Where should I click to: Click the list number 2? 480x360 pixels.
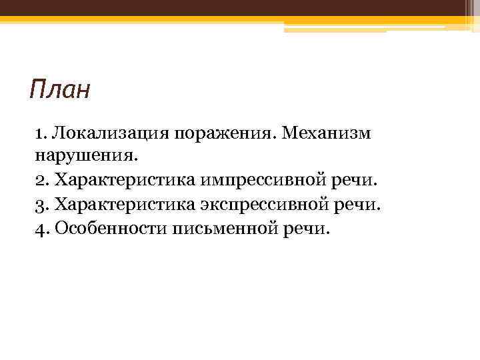point(39,180)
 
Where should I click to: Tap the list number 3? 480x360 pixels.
point(39,204)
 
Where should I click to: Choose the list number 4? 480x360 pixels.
point(39,228)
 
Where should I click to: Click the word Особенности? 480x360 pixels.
point(109,228)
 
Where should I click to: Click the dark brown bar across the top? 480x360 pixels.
point(240,8)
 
